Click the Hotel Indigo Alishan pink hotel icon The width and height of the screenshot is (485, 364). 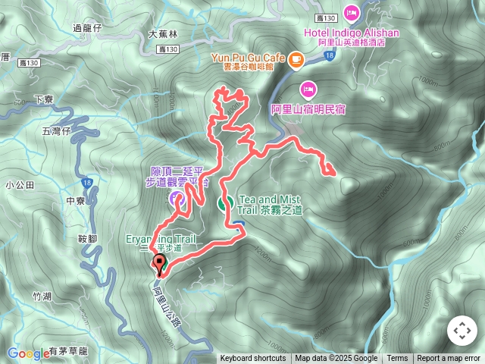tap(352, 12)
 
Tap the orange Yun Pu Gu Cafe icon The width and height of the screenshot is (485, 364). tap(295, 57)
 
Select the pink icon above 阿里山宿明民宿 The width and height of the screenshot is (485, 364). tap(308, 87)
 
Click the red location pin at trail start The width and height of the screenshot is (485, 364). tap(160, 264)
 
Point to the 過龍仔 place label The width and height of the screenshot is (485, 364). tap(86, 28)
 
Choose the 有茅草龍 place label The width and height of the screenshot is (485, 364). tap(68, 351)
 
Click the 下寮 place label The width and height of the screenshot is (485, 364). tap(45, 100)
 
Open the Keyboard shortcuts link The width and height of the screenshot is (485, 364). tap(253, 359)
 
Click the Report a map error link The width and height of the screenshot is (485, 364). tap(449, 359)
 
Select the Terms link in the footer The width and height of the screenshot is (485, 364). tap(397, 359)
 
